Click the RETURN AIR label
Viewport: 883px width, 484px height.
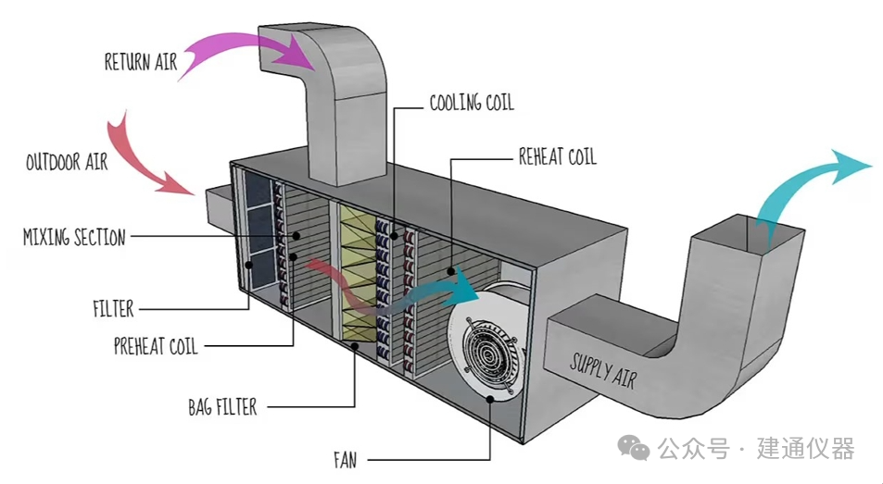(x=140, y=63)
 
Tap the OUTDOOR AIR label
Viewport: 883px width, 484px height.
(x=67, y=162)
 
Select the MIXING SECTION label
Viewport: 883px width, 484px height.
(x=74, y=238)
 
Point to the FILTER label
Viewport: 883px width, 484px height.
(x=113, y=308)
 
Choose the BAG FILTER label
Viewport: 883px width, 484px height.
(x=222, y=406)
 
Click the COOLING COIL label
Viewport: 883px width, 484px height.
(x=471, y=102)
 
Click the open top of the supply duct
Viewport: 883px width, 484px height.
(x=741, y=231)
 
